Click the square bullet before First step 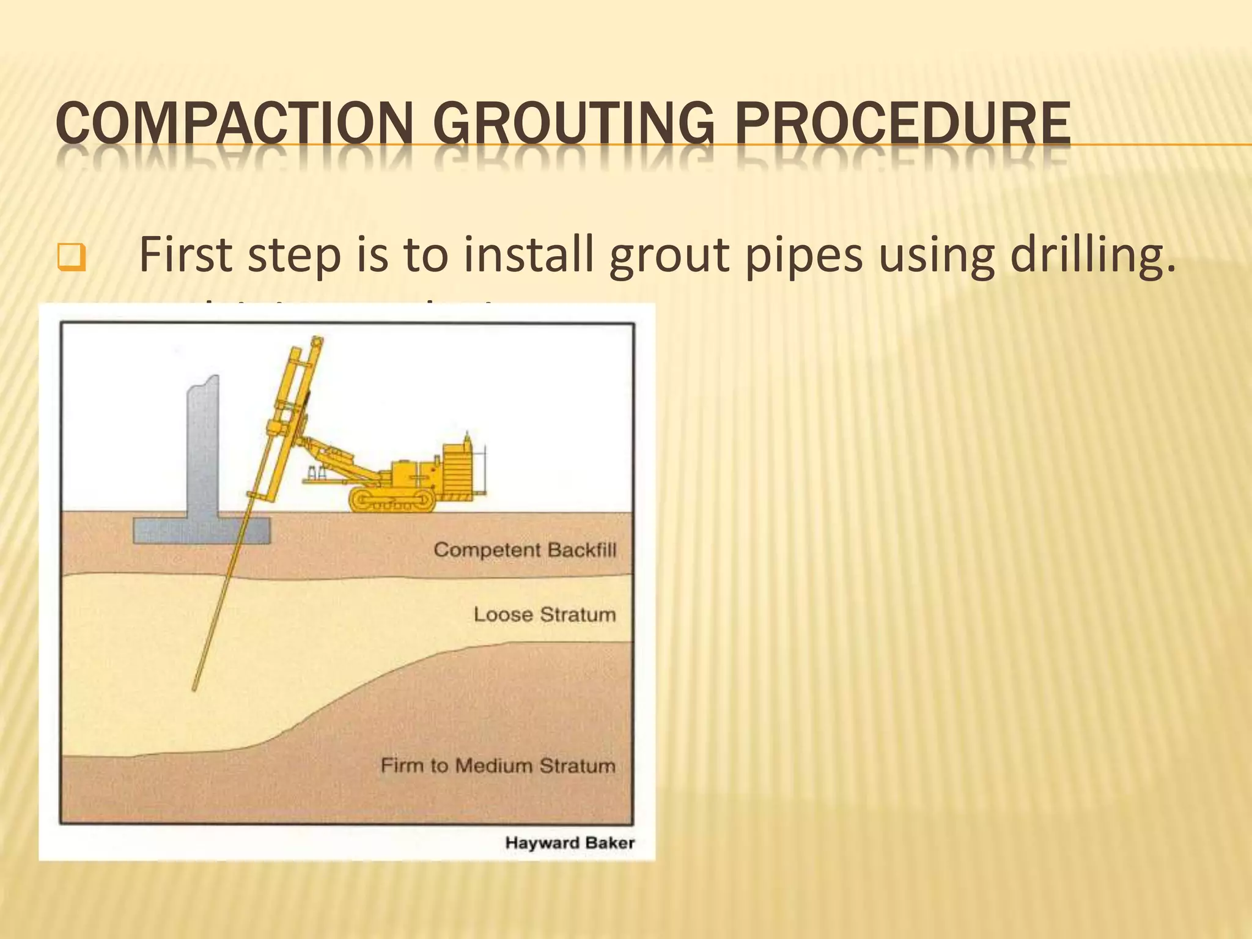tap(71, 257)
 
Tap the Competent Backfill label tap(525, 550)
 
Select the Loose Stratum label tap(544, 614)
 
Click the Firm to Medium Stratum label tap(498, 765)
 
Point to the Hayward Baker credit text tap(570, 843)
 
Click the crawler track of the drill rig tap(392, 501)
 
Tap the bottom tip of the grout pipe tap(194, 688)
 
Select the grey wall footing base tap(202, 530)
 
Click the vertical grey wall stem tap(204, 446)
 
